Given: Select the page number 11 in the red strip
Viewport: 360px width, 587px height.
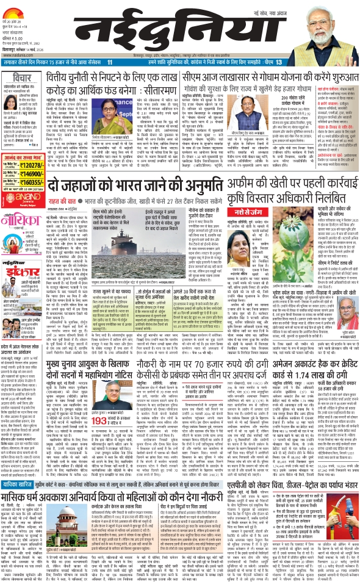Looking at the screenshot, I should click(127, 63).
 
